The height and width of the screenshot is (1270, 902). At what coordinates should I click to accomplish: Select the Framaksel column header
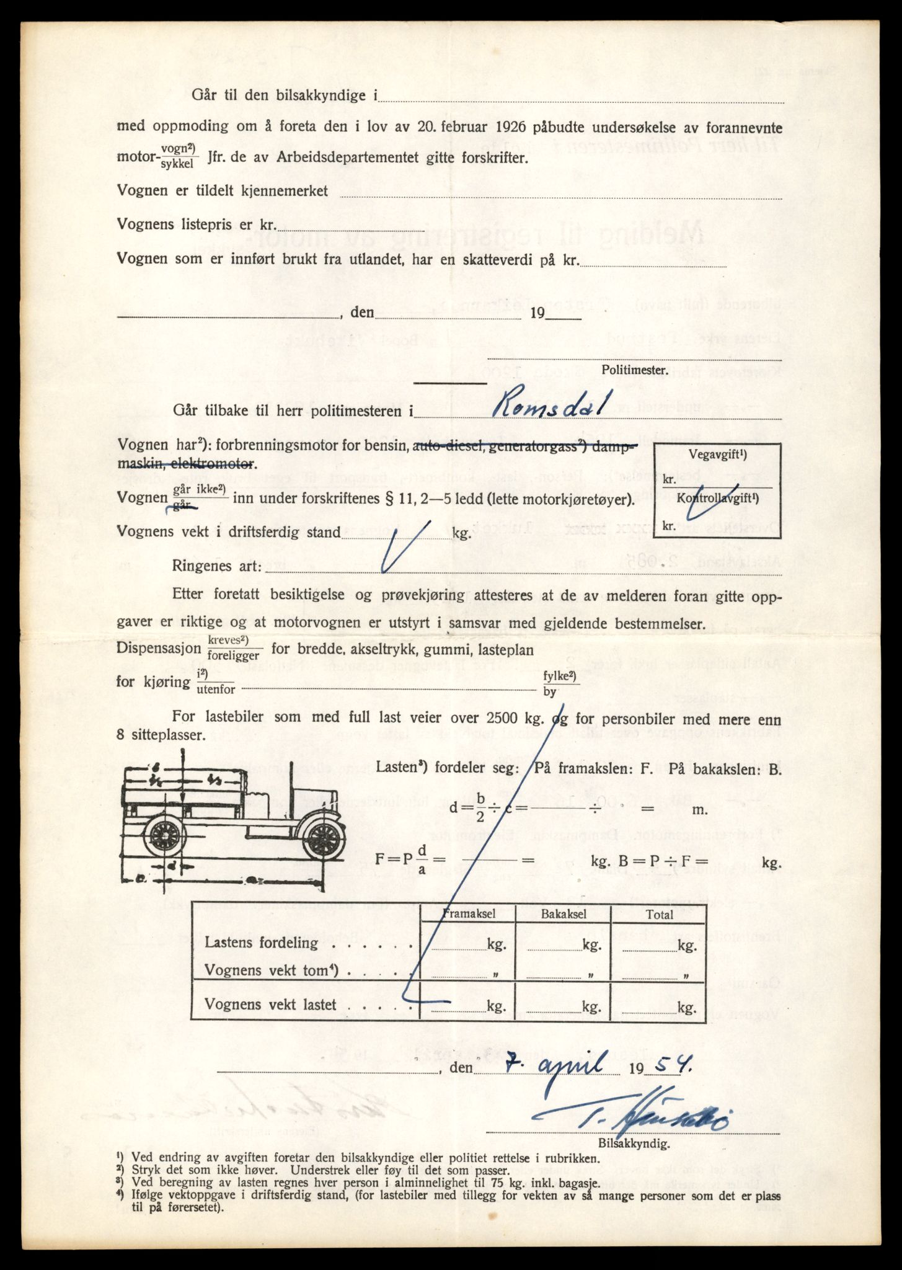[469, 914]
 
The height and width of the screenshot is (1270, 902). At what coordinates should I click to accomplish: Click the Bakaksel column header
[564, 914]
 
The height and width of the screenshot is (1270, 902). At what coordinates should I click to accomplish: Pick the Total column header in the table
[659, 914]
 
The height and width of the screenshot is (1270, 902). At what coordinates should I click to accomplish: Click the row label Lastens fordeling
[261, 943]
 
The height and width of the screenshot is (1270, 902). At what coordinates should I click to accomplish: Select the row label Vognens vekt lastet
[270, 1005]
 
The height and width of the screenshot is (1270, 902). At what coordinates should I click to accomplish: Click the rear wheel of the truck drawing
[164, 838]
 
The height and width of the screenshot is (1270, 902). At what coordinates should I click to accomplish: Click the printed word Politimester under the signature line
[634, 370]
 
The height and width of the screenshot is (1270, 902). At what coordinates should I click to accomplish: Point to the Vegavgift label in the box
[717, 454]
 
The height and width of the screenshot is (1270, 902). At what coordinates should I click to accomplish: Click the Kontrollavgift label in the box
[718, 498]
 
